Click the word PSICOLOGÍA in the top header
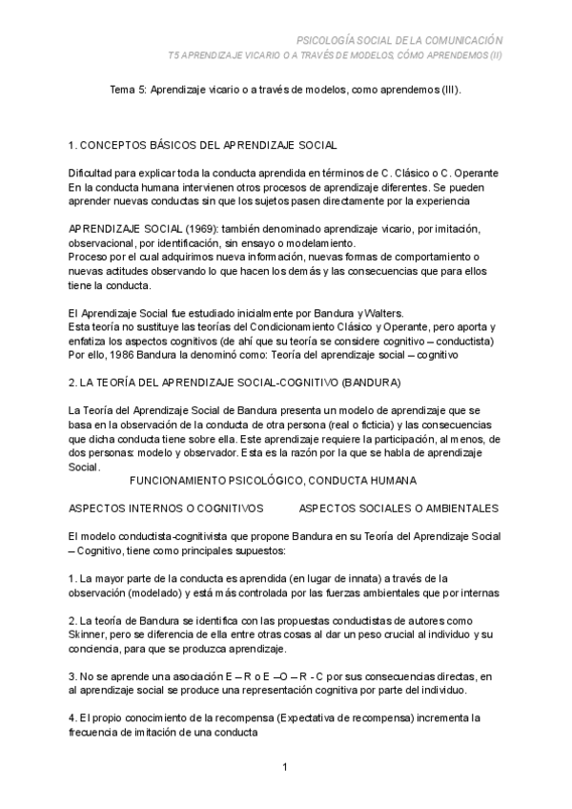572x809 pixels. [330, 41]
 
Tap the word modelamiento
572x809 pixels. [337, 244]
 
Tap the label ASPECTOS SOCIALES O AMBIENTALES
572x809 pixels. [398, 508]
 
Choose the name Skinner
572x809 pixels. [91, 634]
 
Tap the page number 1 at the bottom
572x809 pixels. [285, 766]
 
